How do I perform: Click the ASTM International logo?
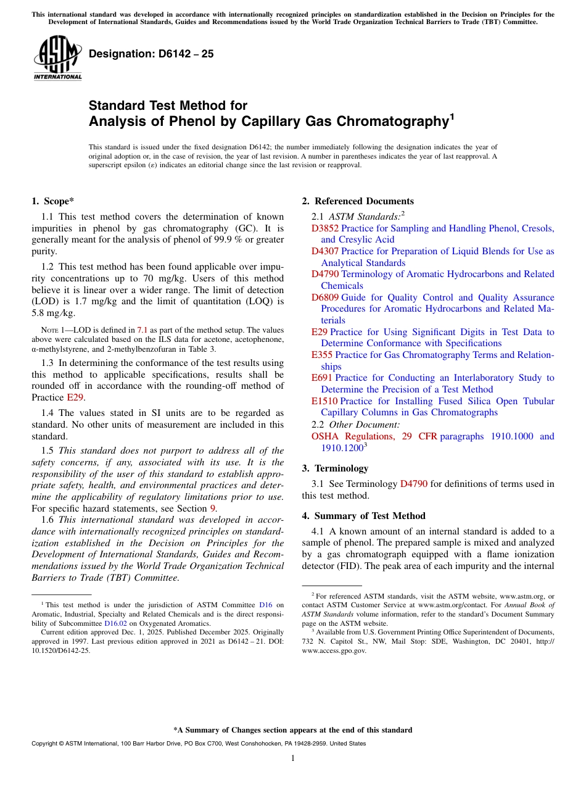click(57, 58)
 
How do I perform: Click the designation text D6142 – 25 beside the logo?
click(151, 54)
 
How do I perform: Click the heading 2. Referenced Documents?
click(358, 201)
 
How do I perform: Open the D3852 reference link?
click(325, 228)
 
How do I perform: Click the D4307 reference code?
click(325, 251)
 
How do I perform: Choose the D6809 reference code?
click(325, 297)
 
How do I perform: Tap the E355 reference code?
click(322, 355)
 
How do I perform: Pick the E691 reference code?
click(322, 378)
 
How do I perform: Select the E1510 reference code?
click(324, 401)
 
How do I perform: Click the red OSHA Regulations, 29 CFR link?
click(374, 436)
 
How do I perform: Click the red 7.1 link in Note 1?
click(142, 331)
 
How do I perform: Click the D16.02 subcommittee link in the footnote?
click(116, 623)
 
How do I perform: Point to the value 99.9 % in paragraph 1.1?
click(227, 239)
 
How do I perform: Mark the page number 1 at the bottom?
click(293, 758)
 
